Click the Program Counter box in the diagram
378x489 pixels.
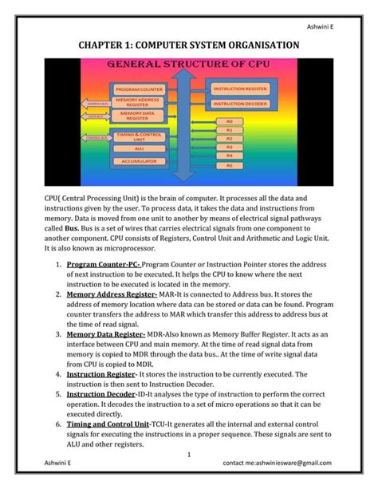pos(140,89)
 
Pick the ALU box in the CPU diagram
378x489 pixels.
pos(140,149)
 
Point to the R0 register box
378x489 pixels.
pos(230,122)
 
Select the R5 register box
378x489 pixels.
pos(230,165)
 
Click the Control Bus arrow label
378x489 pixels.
pos(96,138)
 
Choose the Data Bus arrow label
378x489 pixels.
pos(96,116)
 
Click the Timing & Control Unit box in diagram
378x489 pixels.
pos(140,136)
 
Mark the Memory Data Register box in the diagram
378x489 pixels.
pos(140,116)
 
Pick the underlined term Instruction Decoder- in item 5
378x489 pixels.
pos(101,394)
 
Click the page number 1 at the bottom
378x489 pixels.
pos(188,455)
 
